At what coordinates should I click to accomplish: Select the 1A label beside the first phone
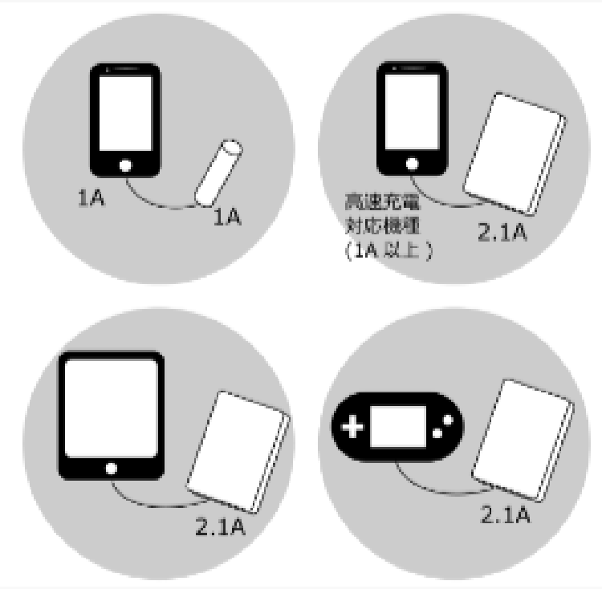pos(89,198)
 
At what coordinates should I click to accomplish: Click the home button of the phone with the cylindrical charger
pos(124,166)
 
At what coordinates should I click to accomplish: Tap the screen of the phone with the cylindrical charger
pos(124,112)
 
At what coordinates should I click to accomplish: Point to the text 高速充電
pos(372,197)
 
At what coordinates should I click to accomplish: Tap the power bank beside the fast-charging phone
pos(515,153)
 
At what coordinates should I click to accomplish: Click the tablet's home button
pos(111,468)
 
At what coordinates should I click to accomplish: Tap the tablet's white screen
pos(111,408)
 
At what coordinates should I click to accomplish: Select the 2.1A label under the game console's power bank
pos(505,514)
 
